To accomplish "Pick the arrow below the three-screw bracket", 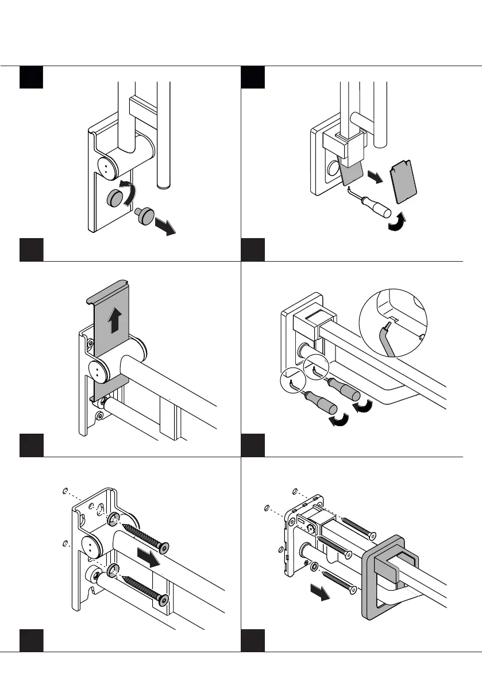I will (319, 592).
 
